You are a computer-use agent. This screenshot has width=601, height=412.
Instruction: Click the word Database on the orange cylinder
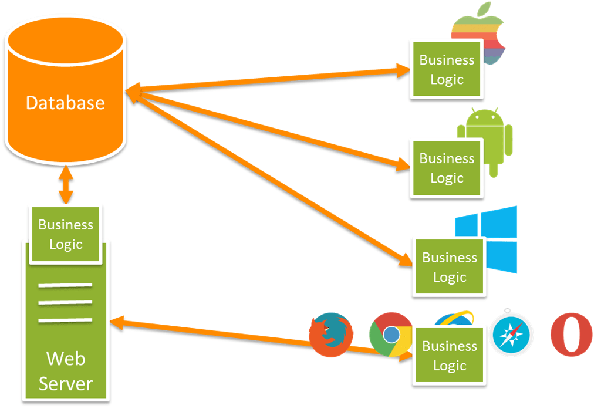pos(65,103)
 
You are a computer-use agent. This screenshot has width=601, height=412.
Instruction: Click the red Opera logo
pos(571,335)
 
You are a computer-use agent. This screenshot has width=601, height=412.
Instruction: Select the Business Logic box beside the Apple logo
pos(447,69)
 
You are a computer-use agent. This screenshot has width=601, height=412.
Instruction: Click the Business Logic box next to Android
pos(447,168)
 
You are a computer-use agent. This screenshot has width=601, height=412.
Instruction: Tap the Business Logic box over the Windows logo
pos(450,267)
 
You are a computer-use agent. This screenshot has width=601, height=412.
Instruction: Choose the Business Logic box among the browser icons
pos(450,356)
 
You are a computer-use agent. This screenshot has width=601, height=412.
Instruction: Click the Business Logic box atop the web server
pos(66,234)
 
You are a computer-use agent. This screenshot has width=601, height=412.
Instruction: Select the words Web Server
pos(66,371)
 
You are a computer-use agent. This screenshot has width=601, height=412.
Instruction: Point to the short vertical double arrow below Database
pos(66,185)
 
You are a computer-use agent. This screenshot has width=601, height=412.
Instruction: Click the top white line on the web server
pos(65,286)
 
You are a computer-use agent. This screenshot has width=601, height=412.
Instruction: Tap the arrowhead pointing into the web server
pos(116,322)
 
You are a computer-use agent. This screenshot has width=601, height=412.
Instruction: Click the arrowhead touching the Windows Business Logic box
pos(405,259)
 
